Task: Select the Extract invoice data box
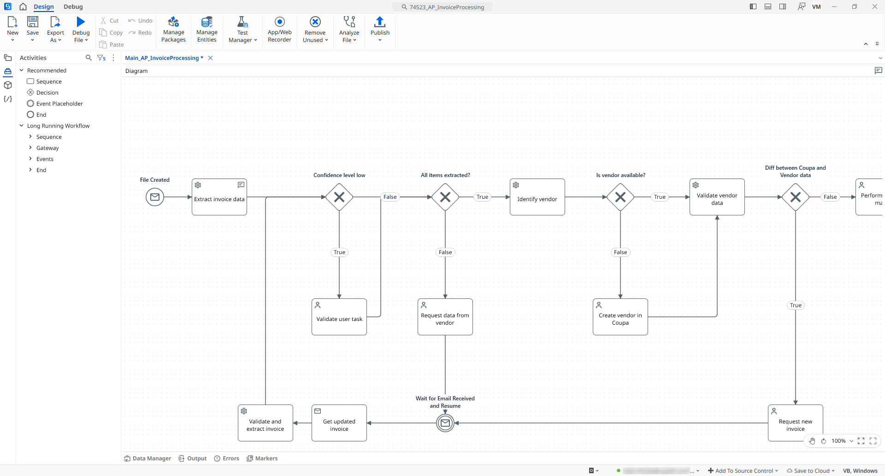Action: point(219,197)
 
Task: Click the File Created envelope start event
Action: point(155,197)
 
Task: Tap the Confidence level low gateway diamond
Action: point(339,197)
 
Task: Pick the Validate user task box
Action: point(339,317)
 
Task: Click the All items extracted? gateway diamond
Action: point(445,197)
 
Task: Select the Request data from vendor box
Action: point(445,317)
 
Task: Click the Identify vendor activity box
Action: point(537,197)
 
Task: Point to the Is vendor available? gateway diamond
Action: point(620,197)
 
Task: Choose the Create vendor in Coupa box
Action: point(620,317)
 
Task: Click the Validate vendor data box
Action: point(717,197)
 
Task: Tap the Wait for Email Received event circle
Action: point(445,423)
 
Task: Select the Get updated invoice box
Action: point(339,423)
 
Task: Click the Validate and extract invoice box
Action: point(265,423)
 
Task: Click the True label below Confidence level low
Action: point(339,252)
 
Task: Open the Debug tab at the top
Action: point(73,7)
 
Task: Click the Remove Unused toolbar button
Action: point(315,29)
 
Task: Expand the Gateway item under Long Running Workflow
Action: point(30,148)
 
